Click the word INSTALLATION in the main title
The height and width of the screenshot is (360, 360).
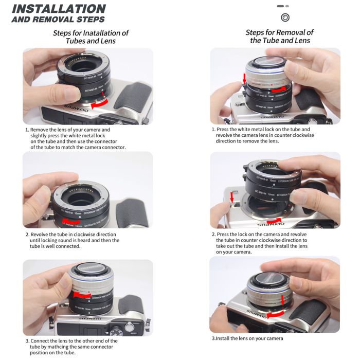coord(59,9)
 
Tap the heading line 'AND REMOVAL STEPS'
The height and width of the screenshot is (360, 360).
coord(58,20)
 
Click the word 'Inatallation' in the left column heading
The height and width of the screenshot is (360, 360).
coord(106,33)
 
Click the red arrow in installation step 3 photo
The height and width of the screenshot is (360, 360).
coord(82,296)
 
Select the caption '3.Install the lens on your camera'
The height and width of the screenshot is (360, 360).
coord(247,338)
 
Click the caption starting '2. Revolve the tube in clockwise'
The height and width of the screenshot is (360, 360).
coord(72,240)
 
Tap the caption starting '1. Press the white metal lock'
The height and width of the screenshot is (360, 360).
coord(262,135)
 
